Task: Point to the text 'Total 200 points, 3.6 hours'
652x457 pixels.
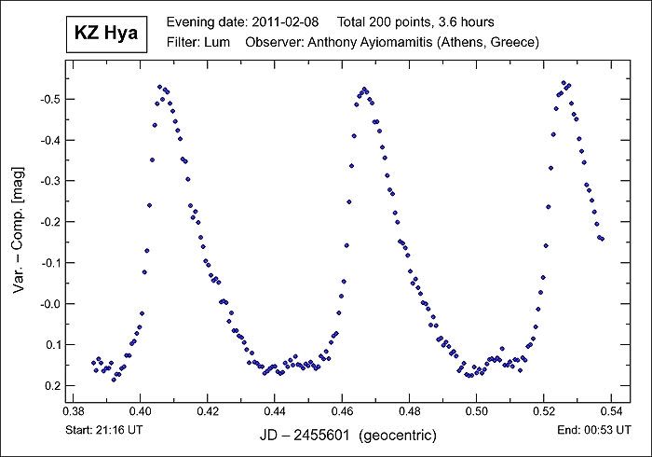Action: pos(415,21)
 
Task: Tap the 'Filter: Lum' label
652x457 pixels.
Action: pos(197,42)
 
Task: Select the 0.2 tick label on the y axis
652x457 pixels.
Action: pos(51,386)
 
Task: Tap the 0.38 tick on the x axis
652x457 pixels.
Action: pos(73,411)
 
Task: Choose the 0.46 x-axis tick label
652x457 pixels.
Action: pos(342,411)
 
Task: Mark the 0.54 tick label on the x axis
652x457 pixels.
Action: pos(610,411)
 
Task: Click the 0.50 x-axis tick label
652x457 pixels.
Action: pos(476,411)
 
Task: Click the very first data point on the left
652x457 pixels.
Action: pos(93,362)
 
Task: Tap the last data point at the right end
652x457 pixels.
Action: pos(603,239)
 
